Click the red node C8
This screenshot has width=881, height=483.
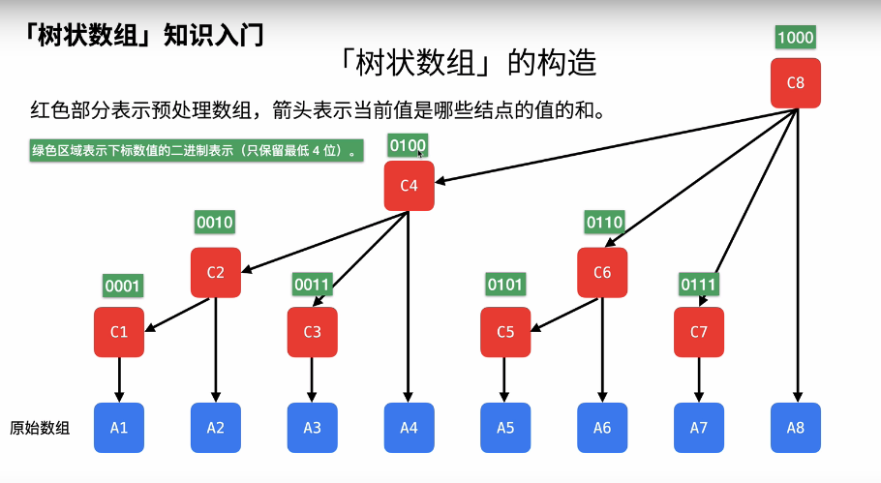(x=796, y=83)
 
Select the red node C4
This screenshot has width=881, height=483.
(x=409, y=185)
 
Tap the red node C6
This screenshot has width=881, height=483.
(x=602, y=273)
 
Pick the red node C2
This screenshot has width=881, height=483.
(x=215, y=273)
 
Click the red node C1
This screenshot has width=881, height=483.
(x=119, y=332)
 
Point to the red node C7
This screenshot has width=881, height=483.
(x=699, y=332)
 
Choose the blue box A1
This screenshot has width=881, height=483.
(x=119, y=428)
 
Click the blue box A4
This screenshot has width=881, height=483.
(x=409, y=428)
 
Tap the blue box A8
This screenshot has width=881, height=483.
(x=796, y=428)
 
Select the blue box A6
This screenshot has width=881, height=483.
(x=602, y=428)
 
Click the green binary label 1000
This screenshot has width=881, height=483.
(x=796, y=38)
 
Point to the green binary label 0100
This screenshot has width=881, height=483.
(x=408, y=146)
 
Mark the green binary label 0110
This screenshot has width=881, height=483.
(x=604, y=223)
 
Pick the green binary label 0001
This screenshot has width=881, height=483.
(x=123, y=286)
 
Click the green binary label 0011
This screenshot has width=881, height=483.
(x=313, y=285)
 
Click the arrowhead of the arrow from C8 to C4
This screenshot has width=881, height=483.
(x=440, y=180)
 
